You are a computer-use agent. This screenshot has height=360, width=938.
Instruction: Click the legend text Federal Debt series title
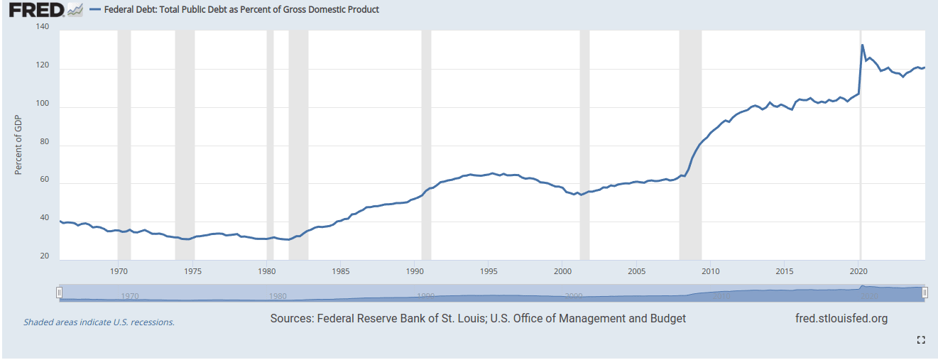[x=241, y=10]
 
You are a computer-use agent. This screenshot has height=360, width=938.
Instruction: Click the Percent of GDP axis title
[x=19, y=146]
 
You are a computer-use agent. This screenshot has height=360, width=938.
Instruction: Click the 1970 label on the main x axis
[x=119, y=271]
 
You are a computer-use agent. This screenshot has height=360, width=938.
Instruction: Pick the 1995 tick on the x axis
[x=489, y=271]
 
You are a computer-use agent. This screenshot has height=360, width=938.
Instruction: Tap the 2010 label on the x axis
[x=711, y=271]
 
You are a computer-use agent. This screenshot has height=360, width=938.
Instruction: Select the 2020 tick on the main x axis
[x=858, y=271]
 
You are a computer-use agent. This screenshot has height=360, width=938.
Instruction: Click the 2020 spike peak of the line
[x=862, y=45]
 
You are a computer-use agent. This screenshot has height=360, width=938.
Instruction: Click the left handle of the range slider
[x=60, y=293]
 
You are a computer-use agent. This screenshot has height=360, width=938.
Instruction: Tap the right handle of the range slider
[x=925, y=293]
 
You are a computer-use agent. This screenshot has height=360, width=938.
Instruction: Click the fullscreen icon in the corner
[x=921, y=340]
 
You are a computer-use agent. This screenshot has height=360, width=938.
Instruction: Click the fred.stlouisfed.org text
[x=841, y=319]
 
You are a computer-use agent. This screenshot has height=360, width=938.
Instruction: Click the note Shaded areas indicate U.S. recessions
[x=99, y=322]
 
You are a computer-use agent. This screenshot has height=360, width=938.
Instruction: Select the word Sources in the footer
[x=290, y=319]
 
